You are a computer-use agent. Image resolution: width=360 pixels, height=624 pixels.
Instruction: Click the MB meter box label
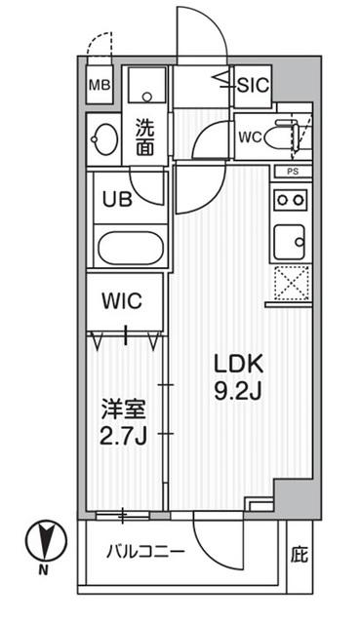[x=99, y=85]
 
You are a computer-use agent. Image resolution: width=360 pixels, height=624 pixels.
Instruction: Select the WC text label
[x=250, y=136]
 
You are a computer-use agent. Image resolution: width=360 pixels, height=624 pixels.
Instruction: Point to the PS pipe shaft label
[x=292, y=172]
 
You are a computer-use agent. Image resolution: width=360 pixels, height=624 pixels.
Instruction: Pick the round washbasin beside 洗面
[x=101, y=137]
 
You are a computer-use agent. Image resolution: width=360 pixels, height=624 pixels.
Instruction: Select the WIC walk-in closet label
[x=124, y=300]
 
